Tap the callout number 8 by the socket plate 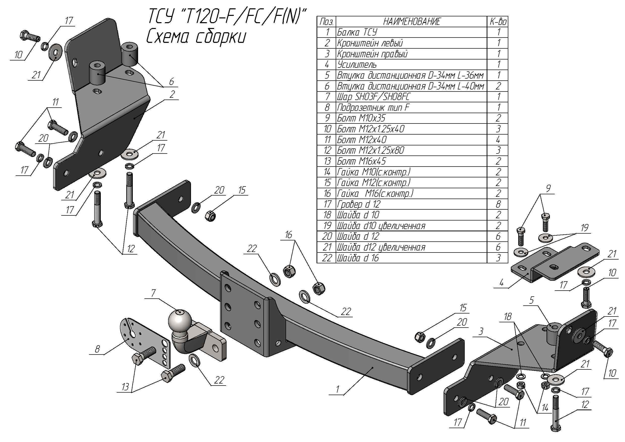[97, 349]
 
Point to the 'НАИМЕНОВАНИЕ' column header [411, 21]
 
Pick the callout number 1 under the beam [337, 389]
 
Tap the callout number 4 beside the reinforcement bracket [502, 282]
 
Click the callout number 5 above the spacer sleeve [532, 300]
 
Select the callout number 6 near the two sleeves [171, 81]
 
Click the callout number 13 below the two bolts [125, 387]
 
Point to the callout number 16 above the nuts [289, 234]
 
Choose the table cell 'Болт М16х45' [361, 161]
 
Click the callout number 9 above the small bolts [548, 188]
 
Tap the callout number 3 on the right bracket [481, 331]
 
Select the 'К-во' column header [498, 21]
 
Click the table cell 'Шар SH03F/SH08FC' [373, 97]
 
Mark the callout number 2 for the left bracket [172, 94]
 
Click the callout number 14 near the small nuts [545, 408]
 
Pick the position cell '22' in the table [327, 258]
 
